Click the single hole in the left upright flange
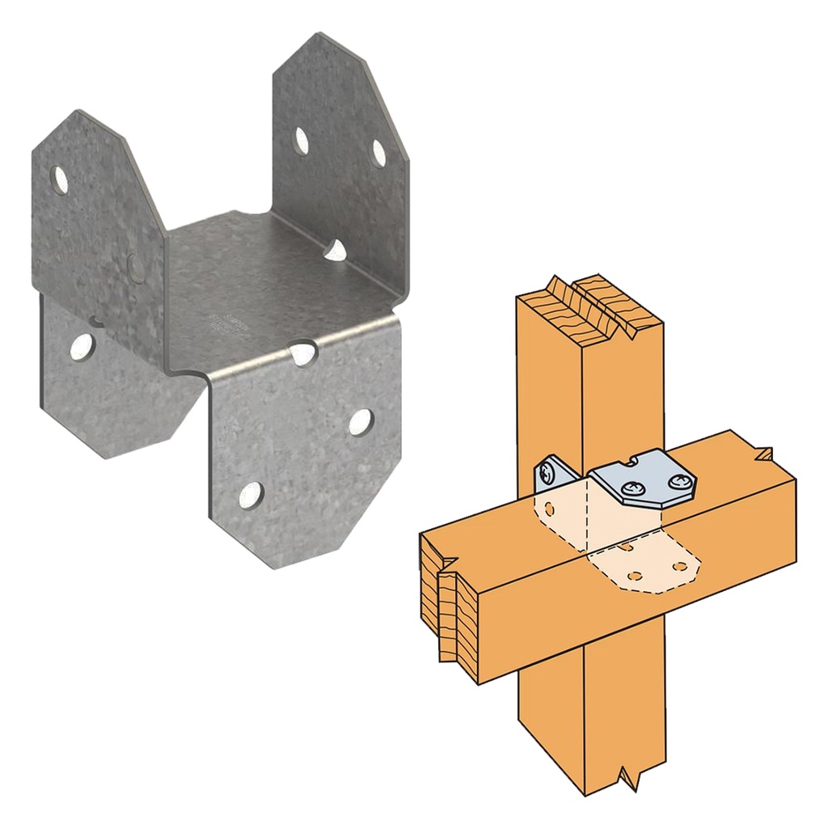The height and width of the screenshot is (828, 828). tap(60, 180)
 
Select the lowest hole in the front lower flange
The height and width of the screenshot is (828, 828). tap(251, 495)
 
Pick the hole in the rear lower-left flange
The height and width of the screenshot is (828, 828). tap(81, 347)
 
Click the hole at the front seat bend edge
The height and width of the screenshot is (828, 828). tap(302, 353)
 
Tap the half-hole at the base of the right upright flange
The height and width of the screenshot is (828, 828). tap(336, 251)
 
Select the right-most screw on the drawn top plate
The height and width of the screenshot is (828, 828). tap(677, 484)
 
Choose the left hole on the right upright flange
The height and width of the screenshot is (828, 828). tap(301, 142)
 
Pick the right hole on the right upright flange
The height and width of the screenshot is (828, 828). tap(378, 153)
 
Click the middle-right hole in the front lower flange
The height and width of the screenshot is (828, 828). tap(360, 421)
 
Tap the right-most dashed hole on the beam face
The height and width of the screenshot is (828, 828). tap(680, 565)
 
